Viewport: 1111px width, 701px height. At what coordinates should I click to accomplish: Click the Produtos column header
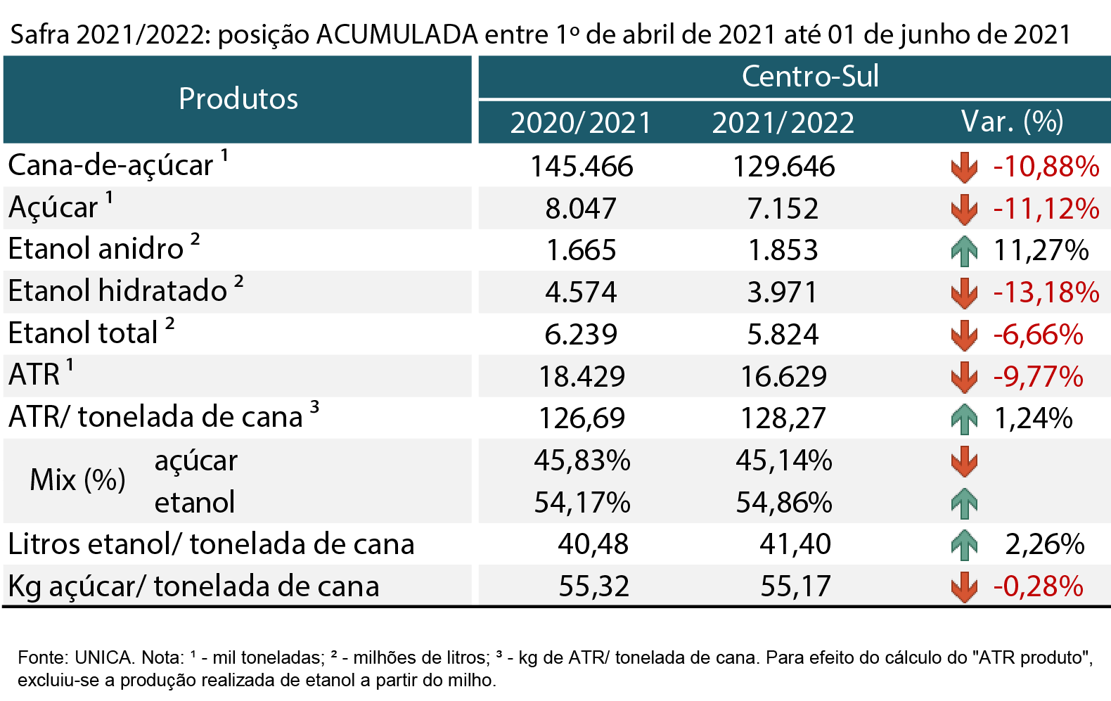tap(238, 98)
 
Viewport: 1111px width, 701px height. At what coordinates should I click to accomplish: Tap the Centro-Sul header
tap(810, 76)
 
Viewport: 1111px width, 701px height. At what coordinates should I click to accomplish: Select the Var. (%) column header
tap(1012, 122)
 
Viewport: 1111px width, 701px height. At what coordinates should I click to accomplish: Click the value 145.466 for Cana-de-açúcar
tap(582, 166)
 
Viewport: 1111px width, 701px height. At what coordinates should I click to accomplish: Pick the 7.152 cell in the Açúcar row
tap(783, 208)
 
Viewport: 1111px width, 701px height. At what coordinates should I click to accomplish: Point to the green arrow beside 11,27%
tap(964, 250)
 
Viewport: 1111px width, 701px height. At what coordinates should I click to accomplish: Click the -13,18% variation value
tap(1046, 292)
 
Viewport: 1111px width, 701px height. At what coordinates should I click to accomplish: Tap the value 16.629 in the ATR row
tap(783, 376)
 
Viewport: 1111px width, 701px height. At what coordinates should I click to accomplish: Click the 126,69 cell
tap(582, 418)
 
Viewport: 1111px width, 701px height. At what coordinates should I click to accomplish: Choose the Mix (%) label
tap(77, 480)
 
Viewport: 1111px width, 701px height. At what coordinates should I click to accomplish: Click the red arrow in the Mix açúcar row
tap(964, 461)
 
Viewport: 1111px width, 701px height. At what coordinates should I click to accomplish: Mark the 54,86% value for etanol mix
tap(784, 503)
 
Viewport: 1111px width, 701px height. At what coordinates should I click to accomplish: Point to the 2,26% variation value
tap(1045, 544)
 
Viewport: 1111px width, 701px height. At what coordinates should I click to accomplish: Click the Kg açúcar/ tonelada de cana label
tap(193, 586)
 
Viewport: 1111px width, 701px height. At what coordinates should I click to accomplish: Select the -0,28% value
tap(1038, 586)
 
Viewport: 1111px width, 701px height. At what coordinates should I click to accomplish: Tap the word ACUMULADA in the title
tap(397, 34)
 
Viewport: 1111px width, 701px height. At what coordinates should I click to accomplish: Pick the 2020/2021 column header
tap(580, 122)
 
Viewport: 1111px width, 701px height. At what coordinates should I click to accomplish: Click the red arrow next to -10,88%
tap(964, 167)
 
